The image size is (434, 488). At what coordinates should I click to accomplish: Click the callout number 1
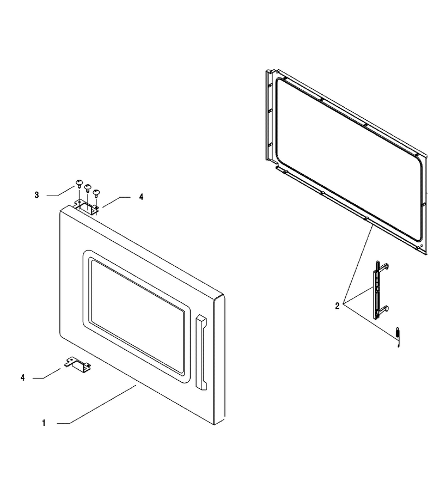[x=44, y=423]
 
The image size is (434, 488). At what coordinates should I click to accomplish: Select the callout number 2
[x=337, y=306]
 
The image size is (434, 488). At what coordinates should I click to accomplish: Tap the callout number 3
[x=36, y=195]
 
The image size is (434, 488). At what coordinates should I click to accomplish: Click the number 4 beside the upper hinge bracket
[x=141, y=197]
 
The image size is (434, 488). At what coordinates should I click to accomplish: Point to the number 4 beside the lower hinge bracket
[x=22, y=377]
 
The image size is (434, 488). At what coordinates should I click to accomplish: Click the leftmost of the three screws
[x=80, y=184]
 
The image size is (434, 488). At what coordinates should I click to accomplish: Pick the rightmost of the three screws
[x=96, y=193]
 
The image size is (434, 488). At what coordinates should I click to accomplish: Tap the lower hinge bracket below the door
[x=78, y=364]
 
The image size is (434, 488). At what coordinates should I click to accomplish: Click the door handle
[x=201, y=352]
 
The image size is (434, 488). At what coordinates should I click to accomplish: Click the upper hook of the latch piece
[x=384, y=266]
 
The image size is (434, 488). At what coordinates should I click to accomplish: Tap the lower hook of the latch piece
[x=384, y=309]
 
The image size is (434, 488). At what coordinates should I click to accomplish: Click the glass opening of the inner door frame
[x=349, y=158]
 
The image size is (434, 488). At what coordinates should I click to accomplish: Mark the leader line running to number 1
[x=96, y=404]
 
